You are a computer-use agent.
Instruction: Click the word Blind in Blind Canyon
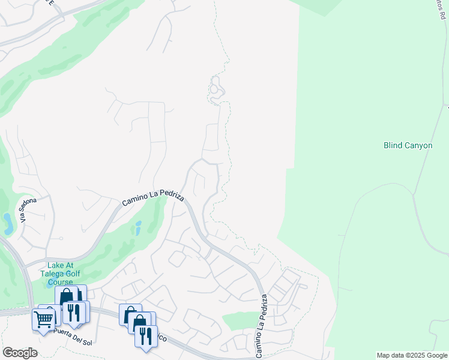(x=393, y=145)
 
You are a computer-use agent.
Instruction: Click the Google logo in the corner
(x=20, y=353)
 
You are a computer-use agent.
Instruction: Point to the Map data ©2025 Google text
(x=412, y=355)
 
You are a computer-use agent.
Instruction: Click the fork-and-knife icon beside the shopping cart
(x=74, y=312)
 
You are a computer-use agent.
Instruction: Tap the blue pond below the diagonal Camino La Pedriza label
(x=139, y=228)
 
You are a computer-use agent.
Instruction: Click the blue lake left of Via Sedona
(x=8, y=223)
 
